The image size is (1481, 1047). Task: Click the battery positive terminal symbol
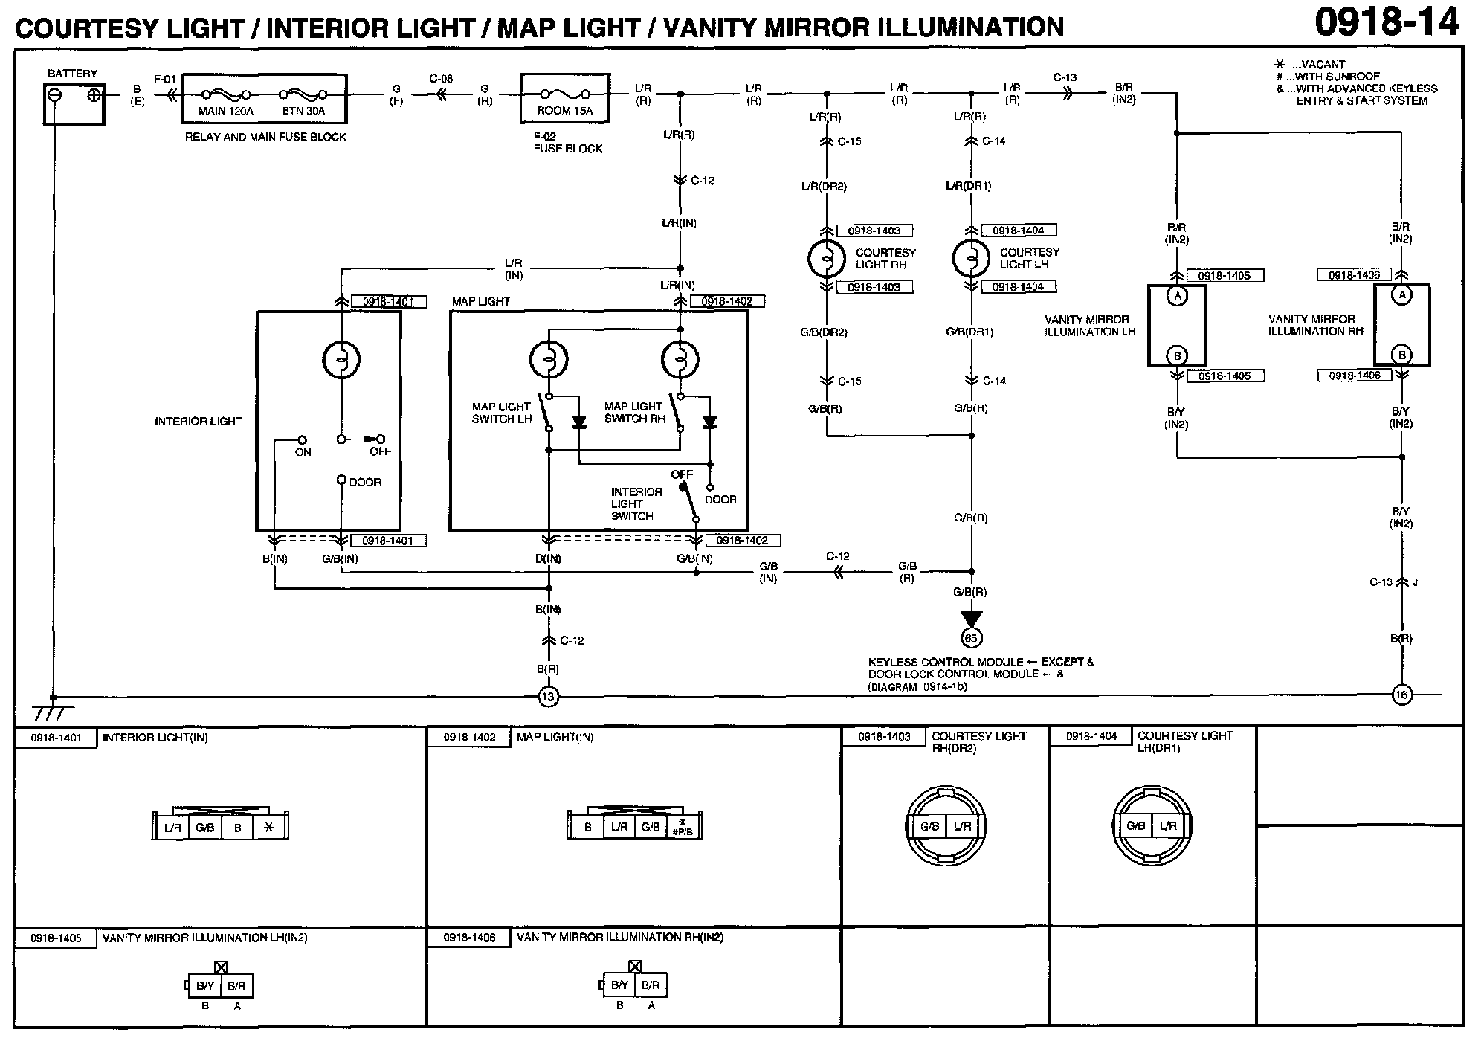click(94, 95)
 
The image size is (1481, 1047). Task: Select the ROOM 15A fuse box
click(565, 98)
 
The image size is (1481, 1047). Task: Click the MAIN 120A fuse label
click(225, 111)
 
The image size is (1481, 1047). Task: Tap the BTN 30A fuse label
click(303, 111)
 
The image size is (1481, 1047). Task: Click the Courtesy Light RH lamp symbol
click(826, 258)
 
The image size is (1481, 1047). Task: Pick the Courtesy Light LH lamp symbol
click(970, 258)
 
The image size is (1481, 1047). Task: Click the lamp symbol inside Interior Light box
click(341, 360)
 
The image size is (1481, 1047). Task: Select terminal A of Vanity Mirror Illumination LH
click(1176, 296)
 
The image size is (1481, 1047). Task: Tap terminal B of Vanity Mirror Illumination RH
click(1402, 355)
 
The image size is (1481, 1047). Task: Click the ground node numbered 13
click(548, 697)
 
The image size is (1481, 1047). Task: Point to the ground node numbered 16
click(1401, 695)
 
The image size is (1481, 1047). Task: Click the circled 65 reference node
click(971, 637)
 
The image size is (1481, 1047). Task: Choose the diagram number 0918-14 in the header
click(1387, 23)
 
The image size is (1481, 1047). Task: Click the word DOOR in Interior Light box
click(365, 483)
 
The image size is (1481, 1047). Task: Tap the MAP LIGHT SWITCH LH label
click(502, 413)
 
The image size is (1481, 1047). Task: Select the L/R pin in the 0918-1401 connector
click(172, 828)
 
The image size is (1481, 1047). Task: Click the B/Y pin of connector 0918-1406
click(620, 985)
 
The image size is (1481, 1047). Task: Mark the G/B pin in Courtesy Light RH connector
click(929, 826)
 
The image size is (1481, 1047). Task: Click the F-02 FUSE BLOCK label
click(567, 143)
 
